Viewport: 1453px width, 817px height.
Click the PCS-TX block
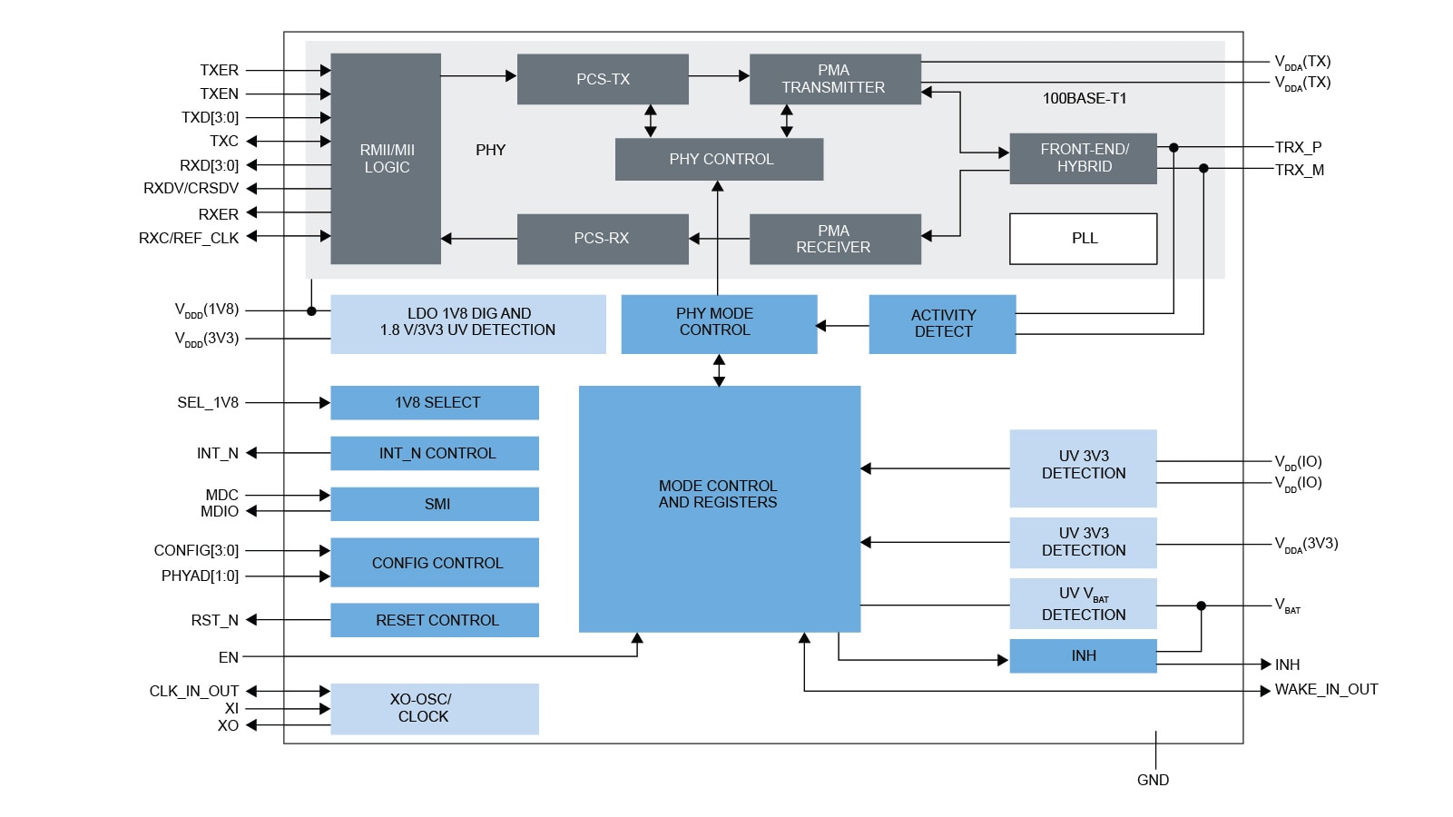(x=603, y=79)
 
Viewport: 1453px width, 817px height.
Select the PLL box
(x=1083, y=239)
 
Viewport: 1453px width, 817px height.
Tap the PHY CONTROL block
(x=720, y=159)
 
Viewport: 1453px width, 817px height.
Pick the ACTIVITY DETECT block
(x=942, y=324)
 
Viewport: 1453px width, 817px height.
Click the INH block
(x=1083, y=655)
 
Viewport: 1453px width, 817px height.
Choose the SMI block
(x=435, y=504)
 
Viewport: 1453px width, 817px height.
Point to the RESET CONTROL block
(x=435, y=620)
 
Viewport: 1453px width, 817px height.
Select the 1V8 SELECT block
(x=435, y=402)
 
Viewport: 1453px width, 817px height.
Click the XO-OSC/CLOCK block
(x=435, y=708)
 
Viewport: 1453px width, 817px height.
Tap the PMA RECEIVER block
(x=834, y=239)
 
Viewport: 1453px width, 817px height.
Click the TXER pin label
(x=219, y=70)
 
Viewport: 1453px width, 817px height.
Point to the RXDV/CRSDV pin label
(x=191, y=189)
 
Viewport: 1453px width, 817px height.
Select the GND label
(x=1153, y=780)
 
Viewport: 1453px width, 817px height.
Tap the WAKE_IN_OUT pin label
(x=1326, y=690)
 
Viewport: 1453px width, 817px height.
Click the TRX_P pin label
(x=1298, y=147)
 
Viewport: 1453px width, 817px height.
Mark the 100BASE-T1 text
(x=1084, y=98)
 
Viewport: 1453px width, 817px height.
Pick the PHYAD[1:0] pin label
(x=200, y=576)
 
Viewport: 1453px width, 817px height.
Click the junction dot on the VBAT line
(x=1201, y=605)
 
